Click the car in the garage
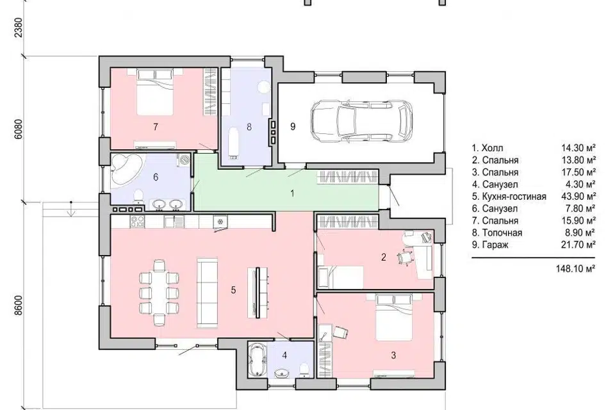[x=361, y=122]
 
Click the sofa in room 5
[x=207, y=293]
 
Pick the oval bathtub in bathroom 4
[x=258, y=360]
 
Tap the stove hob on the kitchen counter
[x=137, y=222]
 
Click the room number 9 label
[x=293, y=126]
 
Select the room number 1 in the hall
[x=292, y=193]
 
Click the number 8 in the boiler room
[x=249, y=127]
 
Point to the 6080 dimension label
[x=18, y=129]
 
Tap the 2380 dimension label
[x=18, y=27]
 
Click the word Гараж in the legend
[x=495, y=245]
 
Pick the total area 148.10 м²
[x=576, y=269]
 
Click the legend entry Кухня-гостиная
[x=514, y=196]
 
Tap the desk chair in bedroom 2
[x=406, y=258]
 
